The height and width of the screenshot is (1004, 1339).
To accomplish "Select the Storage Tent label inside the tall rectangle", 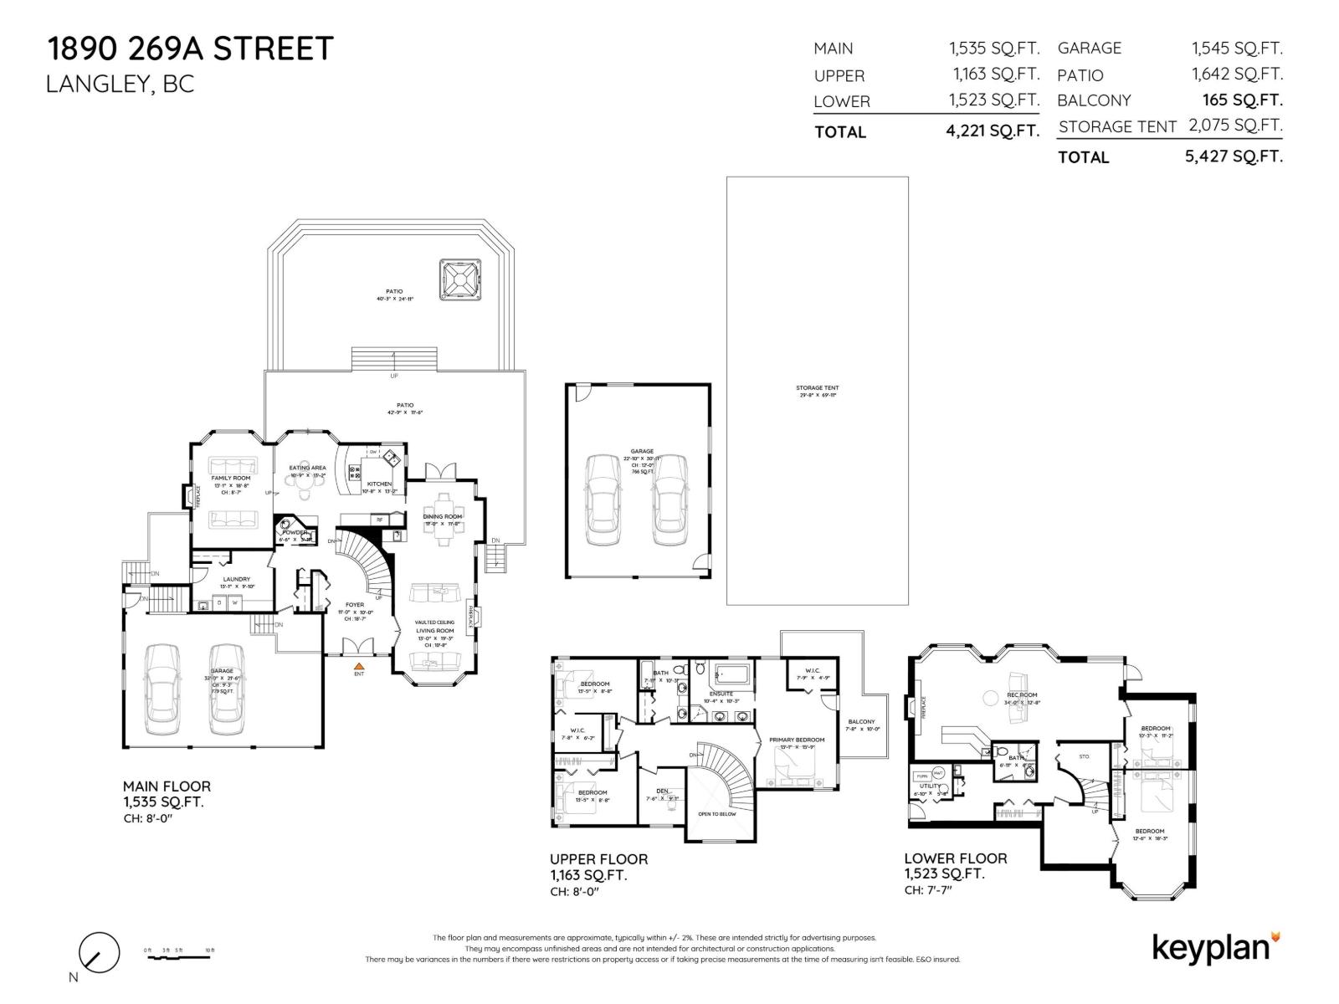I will [817, 388].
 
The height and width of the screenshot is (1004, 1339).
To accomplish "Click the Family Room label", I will [230, 478].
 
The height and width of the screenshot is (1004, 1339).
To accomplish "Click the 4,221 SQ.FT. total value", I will [993, 131].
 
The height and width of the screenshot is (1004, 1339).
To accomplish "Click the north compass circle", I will [99, 952].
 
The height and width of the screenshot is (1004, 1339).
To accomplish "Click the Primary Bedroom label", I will [797, 740].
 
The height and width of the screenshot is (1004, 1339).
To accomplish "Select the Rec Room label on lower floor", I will [1022, 695].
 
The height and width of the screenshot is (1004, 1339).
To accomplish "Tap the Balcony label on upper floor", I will [861, 721].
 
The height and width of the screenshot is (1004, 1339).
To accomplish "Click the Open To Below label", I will [717, 814].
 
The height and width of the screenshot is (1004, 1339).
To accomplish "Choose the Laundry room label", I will [236, 579].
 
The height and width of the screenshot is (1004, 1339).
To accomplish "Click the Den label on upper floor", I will [662, 791].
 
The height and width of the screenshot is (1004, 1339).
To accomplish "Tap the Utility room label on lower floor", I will [929, 786].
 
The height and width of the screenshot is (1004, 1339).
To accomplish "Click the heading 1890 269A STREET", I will [191, 49].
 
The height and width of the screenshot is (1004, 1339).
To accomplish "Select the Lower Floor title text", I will [955, 858].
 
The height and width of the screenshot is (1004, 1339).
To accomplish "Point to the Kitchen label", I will [379, 484].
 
